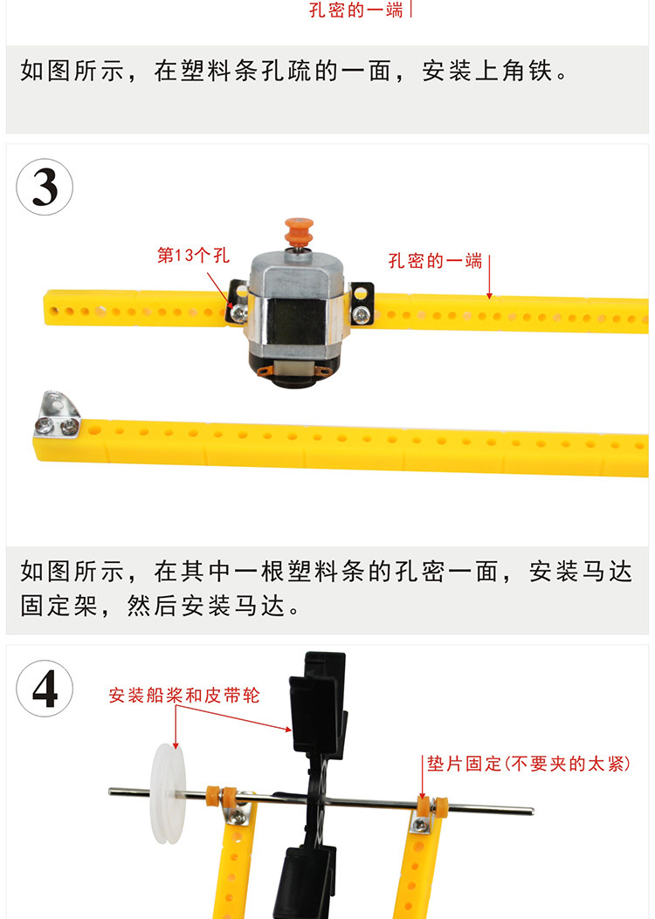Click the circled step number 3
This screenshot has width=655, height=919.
45,187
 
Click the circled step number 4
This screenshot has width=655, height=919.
45,688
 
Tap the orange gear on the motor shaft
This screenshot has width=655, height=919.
299,231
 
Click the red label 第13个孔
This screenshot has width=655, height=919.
193,255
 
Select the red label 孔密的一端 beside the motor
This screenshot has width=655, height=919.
435,260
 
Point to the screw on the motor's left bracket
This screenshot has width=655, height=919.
238,313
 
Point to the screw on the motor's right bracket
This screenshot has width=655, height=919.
362,316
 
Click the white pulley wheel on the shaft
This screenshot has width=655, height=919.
168,793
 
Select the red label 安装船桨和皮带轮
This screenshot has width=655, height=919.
184,695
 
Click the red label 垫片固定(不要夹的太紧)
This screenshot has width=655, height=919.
528,763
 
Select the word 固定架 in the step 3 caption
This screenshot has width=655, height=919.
59,606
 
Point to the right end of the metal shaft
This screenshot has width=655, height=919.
533,811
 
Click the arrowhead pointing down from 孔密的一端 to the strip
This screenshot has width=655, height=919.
489,295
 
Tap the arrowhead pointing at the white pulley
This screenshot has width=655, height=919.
176,744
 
